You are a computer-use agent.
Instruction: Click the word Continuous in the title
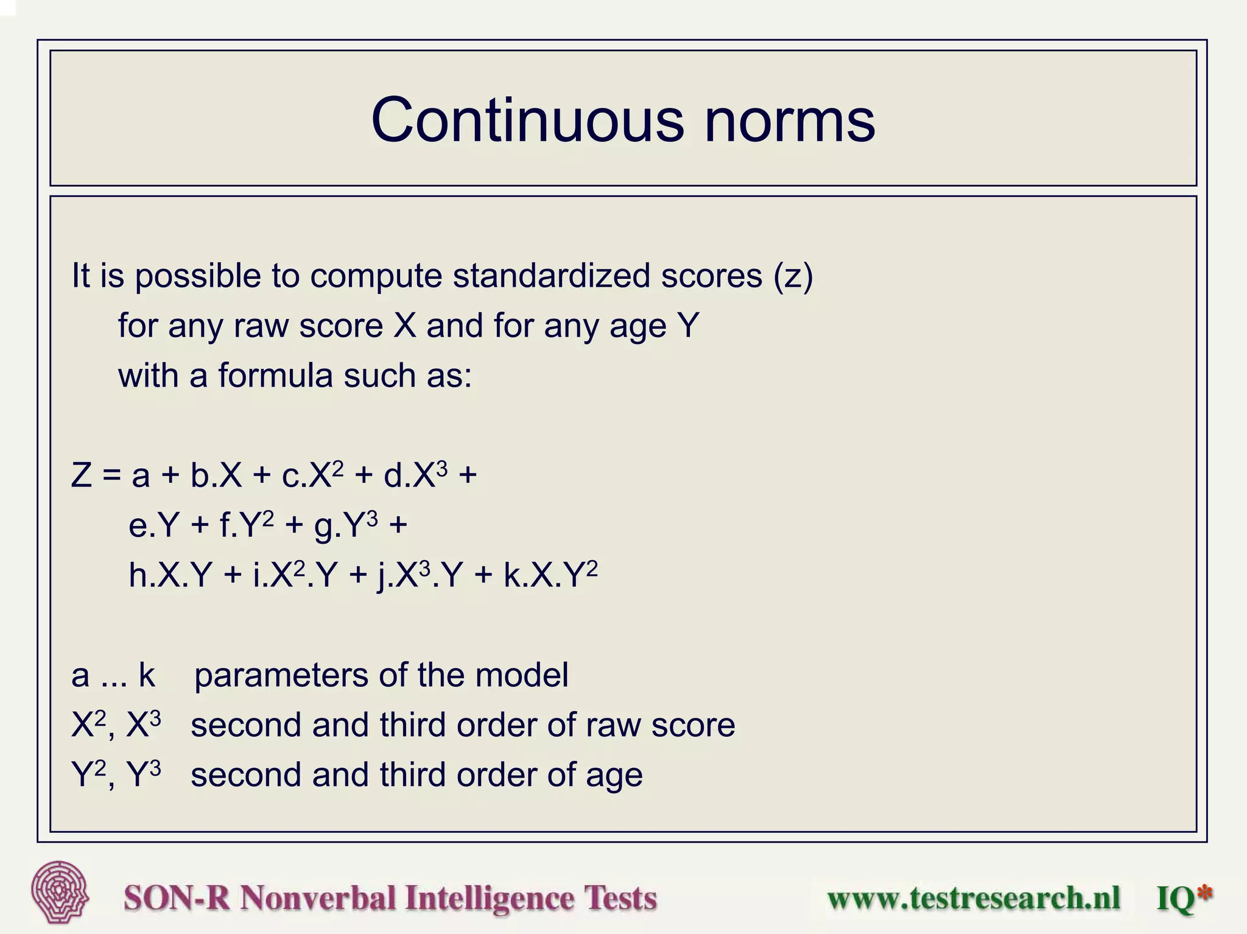tap(527, 120)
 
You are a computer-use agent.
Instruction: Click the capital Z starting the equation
tap(82, 476)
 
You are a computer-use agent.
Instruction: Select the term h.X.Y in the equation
tap(170, 575)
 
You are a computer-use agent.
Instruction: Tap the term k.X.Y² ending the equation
tap(550, 574)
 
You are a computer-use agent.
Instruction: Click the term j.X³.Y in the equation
tap(420, 575)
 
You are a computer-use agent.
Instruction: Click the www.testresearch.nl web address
tap(973, 898)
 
